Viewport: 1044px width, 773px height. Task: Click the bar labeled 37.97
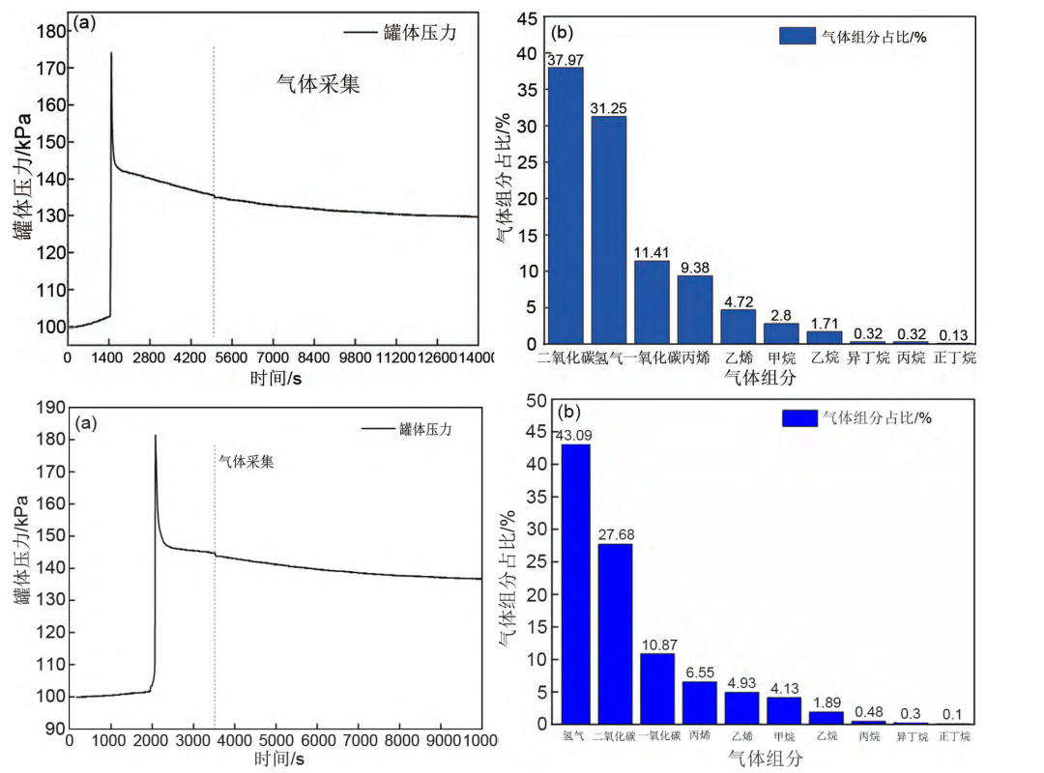tap(565, 205)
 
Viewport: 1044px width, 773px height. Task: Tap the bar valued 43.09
tap(576, 584)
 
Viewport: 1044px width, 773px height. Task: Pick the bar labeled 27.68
tap(615, 633)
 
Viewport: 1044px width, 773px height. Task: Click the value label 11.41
tap(652, 252)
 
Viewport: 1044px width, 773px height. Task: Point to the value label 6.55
tap(700, 673)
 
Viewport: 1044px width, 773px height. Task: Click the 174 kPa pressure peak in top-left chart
tap(111, 54)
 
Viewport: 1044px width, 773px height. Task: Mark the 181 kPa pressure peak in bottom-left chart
tap(155, 437)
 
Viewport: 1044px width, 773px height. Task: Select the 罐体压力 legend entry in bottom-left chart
tap(424, 428)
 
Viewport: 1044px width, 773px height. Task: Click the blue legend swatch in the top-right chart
tap(797, 37)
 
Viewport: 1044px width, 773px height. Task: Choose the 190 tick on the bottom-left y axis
tap(44, 408)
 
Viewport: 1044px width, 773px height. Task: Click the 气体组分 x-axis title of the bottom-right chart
tap(765, 759)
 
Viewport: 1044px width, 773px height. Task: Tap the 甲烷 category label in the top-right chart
tap(781, 358)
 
